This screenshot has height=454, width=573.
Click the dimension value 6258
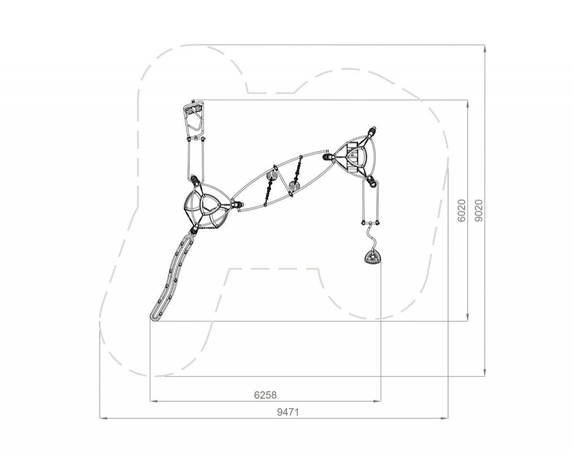pos(265,395)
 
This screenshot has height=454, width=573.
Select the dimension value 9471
pos(288,412)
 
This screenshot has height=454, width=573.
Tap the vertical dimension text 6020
pos(461,210)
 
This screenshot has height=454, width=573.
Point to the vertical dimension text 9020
pos(479,210)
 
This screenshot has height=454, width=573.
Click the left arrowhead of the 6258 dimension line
pos(154,401)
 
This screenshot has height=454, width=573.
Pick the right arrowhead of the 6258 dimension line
pos(377,401)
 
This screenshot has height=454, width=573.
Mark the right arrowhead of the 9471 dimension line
pos(444,418)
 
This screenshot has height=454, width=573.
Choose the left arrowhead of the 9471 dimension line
pos(103,418)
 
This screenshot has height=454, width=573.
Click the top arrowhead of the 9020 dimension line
pos(485,49)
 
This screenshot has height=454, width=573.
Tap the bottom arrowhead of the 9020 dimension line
pos(485,372)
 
